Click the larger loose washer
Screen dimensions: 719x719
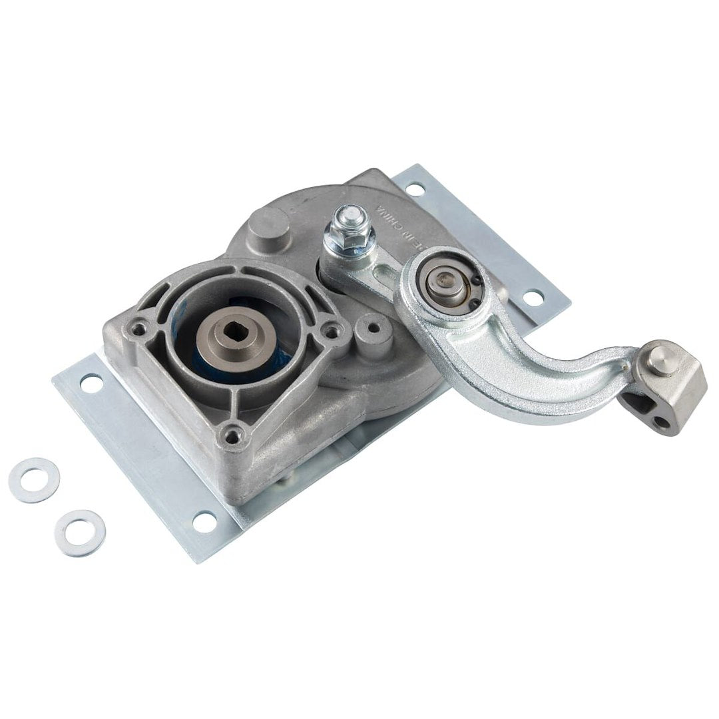point(34,479)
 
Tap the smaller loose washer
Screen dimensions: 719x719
point(80,533)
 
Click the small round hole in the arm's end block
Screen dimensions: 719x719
point(661,421)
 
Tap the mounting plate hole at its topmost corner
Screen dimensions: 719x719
point(415,190)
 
